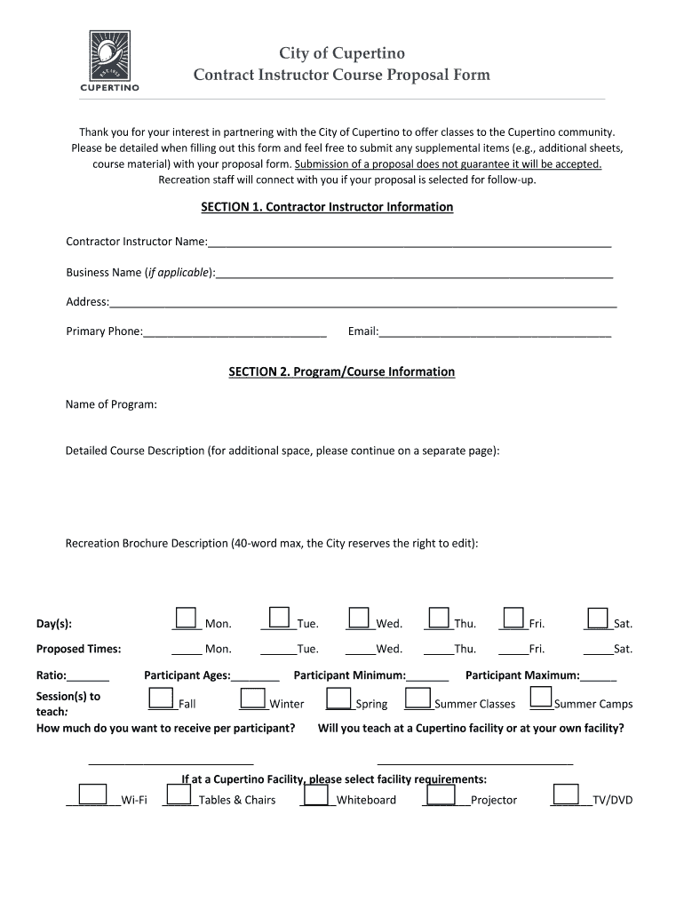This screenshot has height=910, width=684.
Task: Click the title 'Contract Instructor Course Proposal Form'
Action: (x=342, y=76)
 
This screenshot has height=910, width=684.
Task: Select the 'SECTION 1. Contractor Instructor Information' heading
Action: (x=327, y=207)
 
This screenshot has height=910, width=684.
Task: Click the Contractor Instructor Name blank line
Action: (x=409, y=243)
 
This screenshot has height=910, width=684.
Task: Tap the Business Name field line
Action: (x=414, y=273)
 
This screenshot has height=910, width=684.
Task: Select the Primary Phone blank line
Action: (x=235, y=332)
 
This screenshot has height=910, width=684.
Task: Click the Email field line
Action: (x=495, y=332)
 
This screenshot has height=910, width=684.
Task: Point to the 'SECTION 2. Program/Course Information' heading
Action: (x=341, y=372)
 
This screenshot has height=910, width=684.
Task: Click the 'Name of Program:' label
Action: (x=111, y=405)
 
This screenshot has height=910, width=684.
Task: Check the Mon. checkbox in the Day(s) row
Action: (x=186, y=618)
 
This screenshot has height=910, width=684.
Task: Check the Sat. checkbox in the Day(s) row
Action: (x=597, y=618)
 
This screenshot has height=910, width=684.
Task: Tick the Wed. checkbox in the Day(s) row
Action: (x=359, y=618)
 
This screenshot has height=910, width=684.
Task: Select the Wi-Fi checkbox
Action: (x=93, y=794)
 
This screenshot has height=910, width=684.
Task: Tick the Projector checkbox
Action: (x=441, y=794)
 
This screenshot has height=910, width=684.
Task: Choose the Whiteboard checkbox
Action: (x=317, y=794)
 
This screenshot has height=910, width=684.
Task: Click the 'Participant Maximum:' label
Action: (x=522, y=675)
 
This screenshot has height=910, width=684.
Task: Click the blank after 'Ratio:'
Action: (x=89, y=676)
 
